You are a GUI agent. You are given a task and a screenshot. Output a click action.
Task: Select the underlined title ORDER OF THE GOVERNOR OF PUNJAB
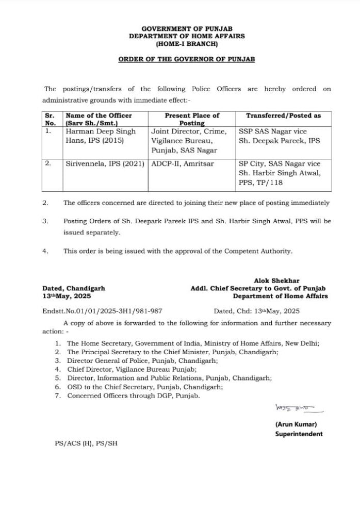point(187,59)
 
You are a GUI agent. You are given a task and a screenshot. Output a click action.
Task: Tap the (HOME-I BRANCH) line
point(187,44)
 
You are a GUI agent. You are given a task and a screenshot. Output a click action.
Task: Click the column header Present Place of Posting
point(192,119)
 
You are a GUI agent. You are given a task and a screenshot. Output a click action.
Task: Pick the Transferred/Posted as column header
point(283,115)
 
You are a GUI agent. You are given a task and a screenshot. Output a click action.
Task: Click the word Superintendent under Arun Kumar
point(299,434)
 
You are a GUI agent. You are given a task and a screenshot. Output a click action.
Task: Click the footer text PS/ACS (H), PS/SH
point(86,443)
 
